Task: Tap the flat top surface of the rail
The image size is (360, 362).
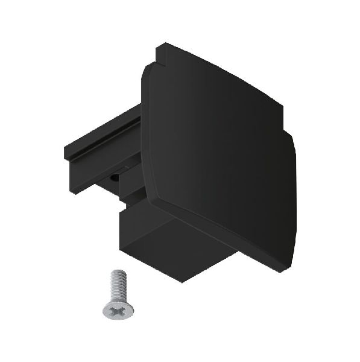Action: [103, 136]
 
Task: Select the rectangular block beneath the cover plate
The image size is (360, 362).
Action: [175, 241]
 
